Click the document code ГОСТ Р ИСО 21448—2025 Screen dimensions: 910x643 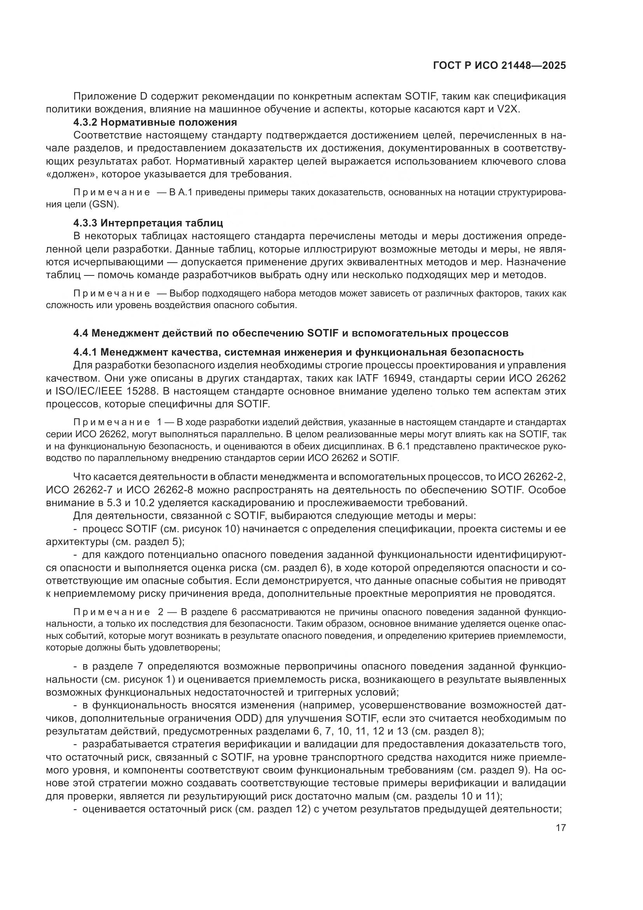(499, 66)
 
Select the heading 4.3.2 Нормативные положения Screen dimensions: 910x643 (155, 122)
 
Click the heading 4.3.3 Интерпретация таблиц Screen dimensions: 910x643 (148, 223)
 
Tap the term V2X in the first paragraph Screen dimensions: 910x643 (507, 109)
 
